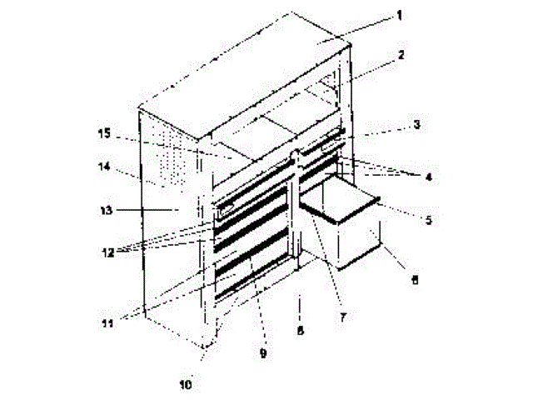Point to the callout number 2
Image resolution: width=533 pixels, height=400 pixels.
point(401,55)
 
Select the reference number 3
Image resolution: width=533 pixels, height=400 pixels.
point(416,124)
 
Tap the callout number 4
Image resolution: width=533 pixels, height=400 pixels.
point(428,177)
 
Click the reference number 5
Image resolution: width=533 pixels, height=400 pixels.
point(428,221)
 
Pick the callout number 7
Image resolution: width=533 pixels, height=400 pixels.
point(341,317)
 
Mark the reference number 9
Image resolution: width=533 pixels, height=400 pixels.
point(262,352)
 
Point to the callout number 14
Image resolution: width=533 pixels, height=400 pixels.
point(105,167)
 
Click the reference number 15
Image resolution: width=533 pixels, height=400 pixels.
point(103,132)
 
